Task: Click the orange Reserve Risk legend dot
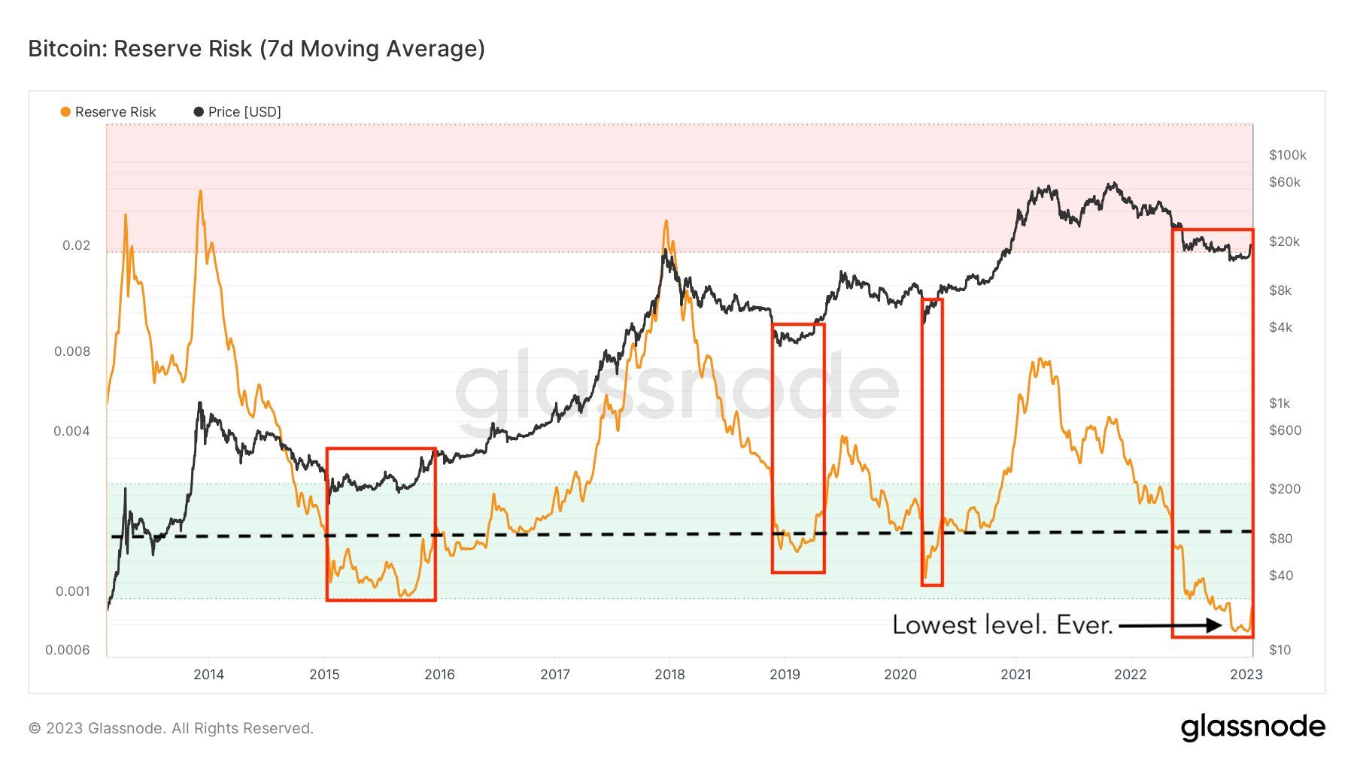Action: (65, 112)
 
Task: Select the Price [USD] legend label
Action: (244, 112)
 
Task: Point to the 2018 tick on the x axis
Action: (669, 674)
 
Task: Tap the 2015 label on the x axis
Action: (324, 674)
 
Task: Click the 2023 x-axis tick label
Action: (1246, 674)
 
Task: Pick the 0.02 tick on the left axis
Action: (76, 245)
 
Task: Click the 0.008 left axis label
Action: (72, 351)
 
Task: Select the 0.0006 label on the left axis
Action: (67, 650)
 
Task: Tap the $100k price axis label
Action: (1287, 155)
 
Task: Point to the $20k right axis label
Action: (1284, 241)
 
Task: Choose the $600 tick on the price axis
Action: (1284, 430)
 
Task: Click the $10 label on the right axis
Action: (1280, 650)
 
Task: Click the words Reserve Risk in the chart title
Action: (183, 49)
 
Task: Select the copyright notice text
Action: (171, 728)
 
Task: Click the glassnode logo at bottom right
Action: (1252, 727)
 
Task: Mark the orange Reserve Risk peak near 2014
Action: (200, 192)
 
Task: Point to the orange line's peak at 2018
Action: (666, 221)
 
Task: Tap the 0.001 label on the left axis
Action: (73, 591)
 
